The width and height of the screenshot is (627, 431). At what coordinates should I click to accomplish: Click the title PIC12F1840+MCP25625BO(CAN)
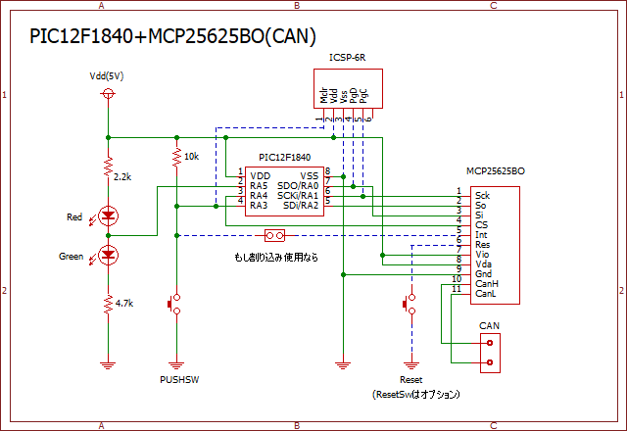172,37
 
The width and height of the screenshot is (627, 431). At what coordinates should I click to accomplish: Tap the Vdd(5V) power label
108,75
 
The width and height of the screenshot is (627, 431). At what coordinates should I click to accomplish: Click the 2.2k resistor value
122,175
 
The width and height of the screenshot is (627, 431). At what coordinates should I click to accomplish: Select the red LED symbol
108,215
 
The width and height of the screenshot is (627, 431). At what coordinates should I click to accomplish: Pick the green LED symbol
108,257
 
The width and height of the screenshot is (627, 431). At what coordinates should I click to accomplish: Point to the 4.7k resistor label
123,305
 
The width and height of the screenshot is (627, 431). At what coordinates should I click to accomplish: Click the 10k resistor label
191,157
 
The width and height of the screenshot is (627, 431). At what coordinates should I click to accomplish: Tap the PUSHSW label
178,378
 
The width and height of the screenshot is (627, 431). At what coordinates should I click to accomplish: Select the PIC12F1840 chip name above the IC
284,157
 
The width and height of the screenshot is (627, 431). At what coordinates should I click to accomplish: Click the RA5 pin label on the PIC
259,184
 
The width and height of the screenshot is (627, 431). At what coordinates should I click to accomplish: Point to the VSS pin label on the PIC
309,174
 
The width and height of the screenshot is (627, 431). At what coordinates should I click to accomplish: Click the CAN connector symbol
490,352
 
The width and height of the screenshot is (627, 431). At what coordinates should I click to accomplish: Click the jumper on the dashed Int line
275,236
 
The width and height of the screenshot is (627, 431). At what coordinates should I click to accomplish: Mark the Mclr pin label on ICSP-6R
324,95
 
